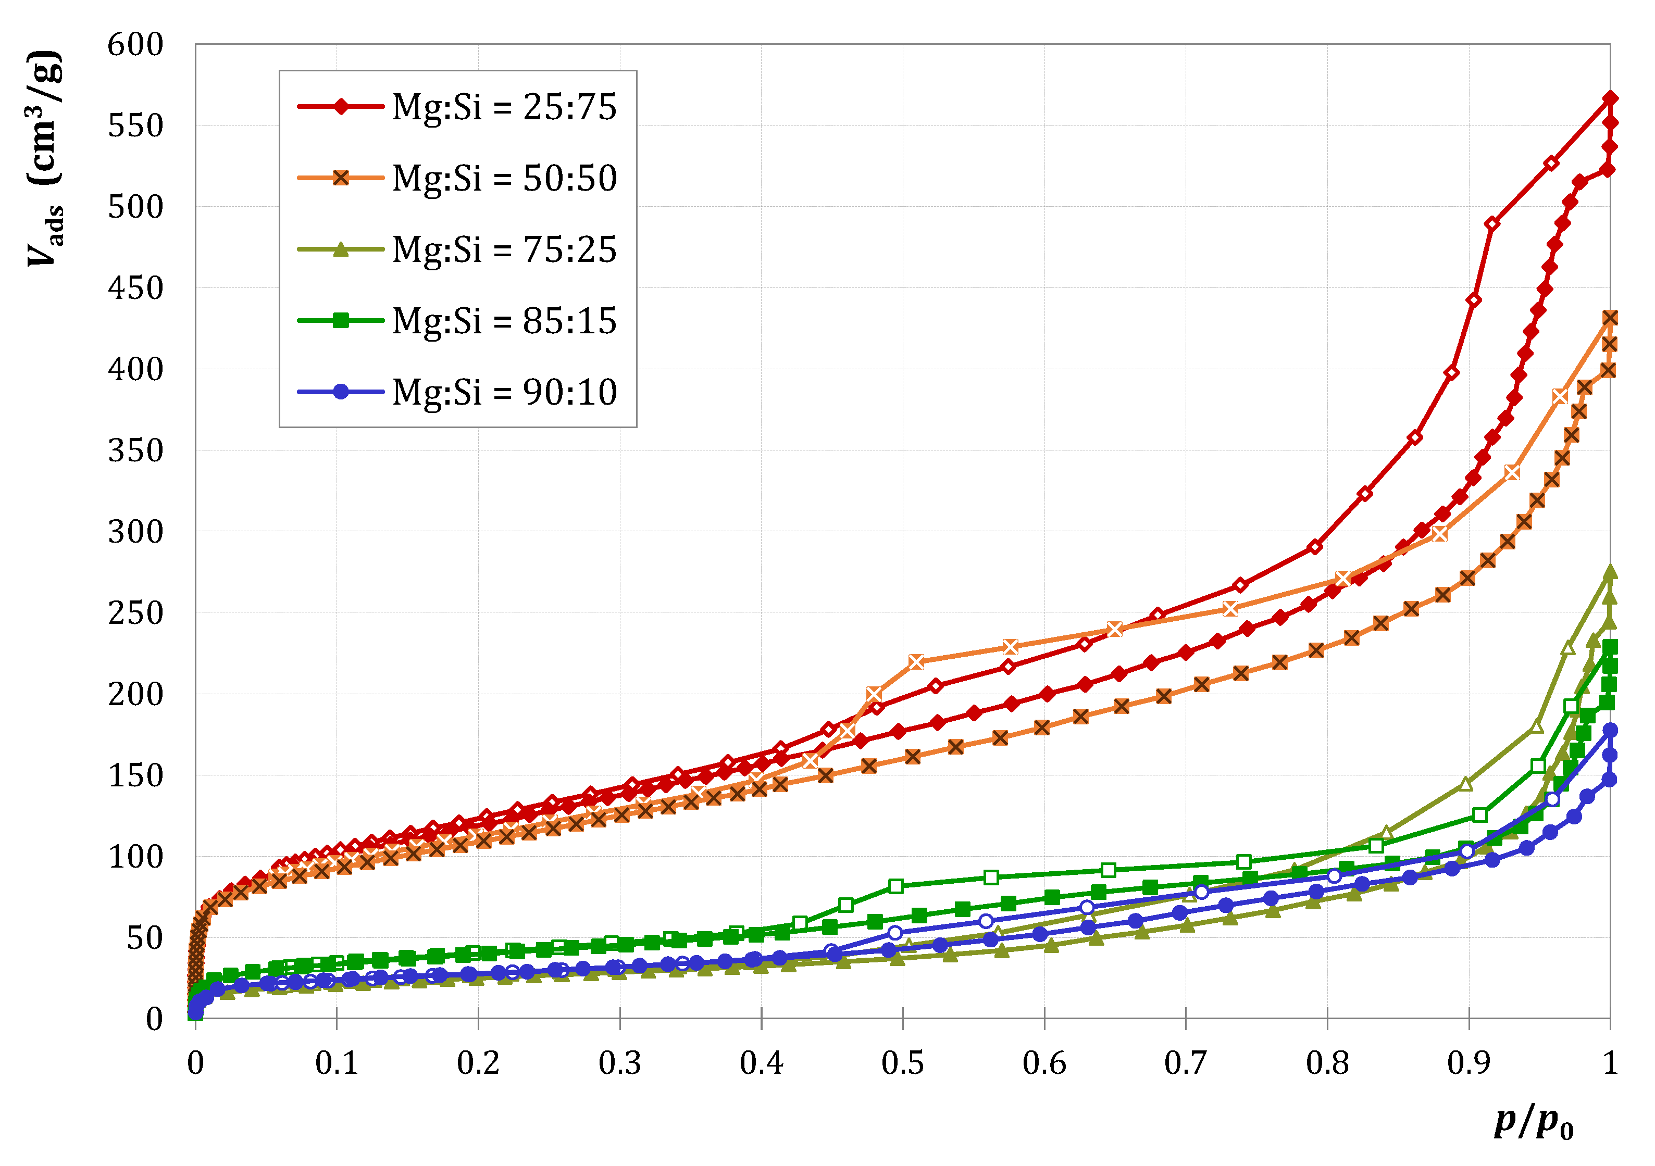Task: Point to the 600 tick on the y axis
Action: click(x=135, y=45)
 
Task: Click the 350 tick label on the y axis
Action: click(x=135, y=451)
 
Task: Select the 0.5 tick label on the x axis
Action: click(x=902, y=1063)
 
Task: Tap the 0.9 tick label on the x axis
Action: click(x=1469, y=1063)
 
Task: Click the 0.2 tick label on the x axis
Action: click(x=478, y=1063)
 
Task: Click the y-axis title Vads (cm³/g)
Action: click(x=45, y=158)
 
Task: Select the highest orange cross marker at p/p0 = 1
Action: click(x=1610, y=318)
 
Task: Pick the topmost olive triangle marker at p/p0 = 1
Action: click(x=1610, y=572)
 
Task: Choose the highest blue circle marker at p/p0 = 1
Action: click(x=1610, y=730)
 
